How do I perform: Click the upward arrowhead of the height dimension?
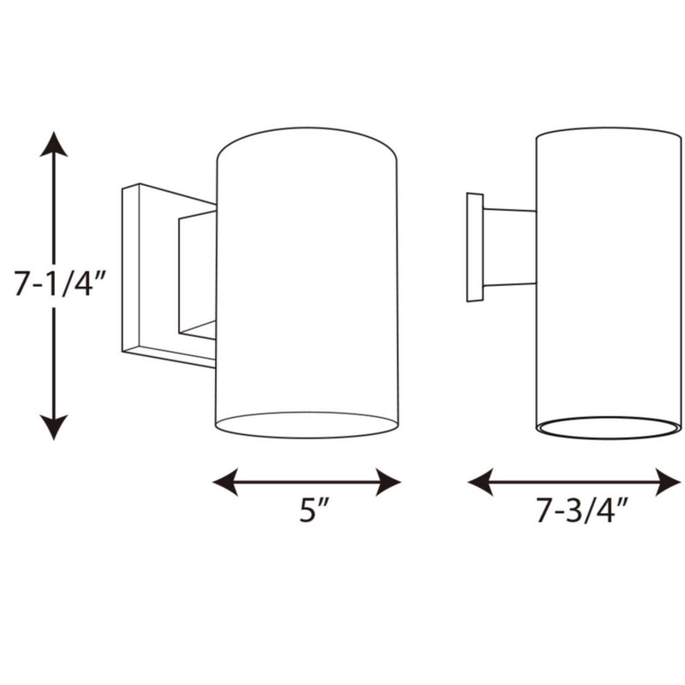coord(54,144)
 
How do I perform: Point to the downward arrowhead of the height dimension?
coord(54,426)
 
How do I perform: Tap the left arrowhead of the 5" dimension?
coord(225,482)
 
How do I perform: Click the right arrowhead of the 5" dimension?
coord(388,482)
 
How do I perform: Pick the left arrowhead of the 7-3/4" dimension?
coord(480,482)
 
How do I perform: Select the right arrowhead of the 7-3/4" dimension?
coord(668,482)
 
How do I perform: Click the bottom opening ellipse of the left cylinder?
coord(307,438)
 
